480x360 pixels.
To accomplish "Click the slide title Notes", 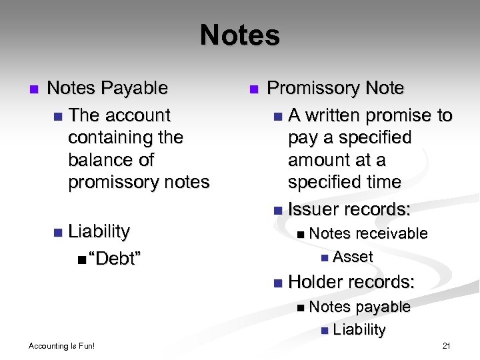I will click(x=239, y=35).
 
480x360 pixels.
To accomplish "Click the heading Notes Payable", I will click(x=107, y=88).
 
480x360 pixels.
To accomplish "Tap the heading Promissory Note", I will click(x=335, y=88).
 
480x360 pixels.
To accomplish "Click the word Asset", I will click(x=353, y=257).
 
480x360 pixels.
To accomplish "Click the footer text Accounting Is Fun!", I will click(x=62, y=346).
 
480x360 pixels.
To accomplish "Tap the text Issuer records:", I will click(x=349, y=209).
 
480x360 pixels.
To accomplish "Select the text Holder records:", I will click(x=351, y=282).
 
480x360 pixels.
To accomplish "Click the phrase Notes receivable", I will click(x=368, y=233).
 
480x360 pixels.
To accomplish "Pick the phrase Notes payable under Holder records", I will click(x=359, y=307).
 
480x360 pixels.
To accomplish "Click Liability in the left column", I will click(x=99, y=231).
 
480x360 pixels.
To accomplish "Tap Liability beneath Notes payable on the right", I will click(x=359, y=329).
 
